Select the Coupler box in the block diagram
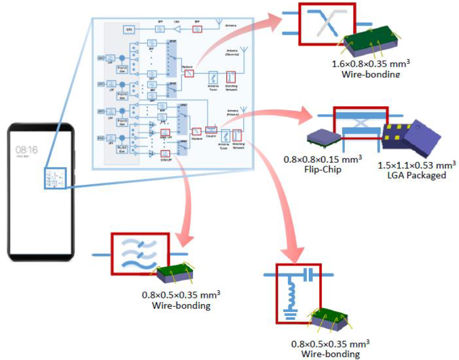212,130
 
